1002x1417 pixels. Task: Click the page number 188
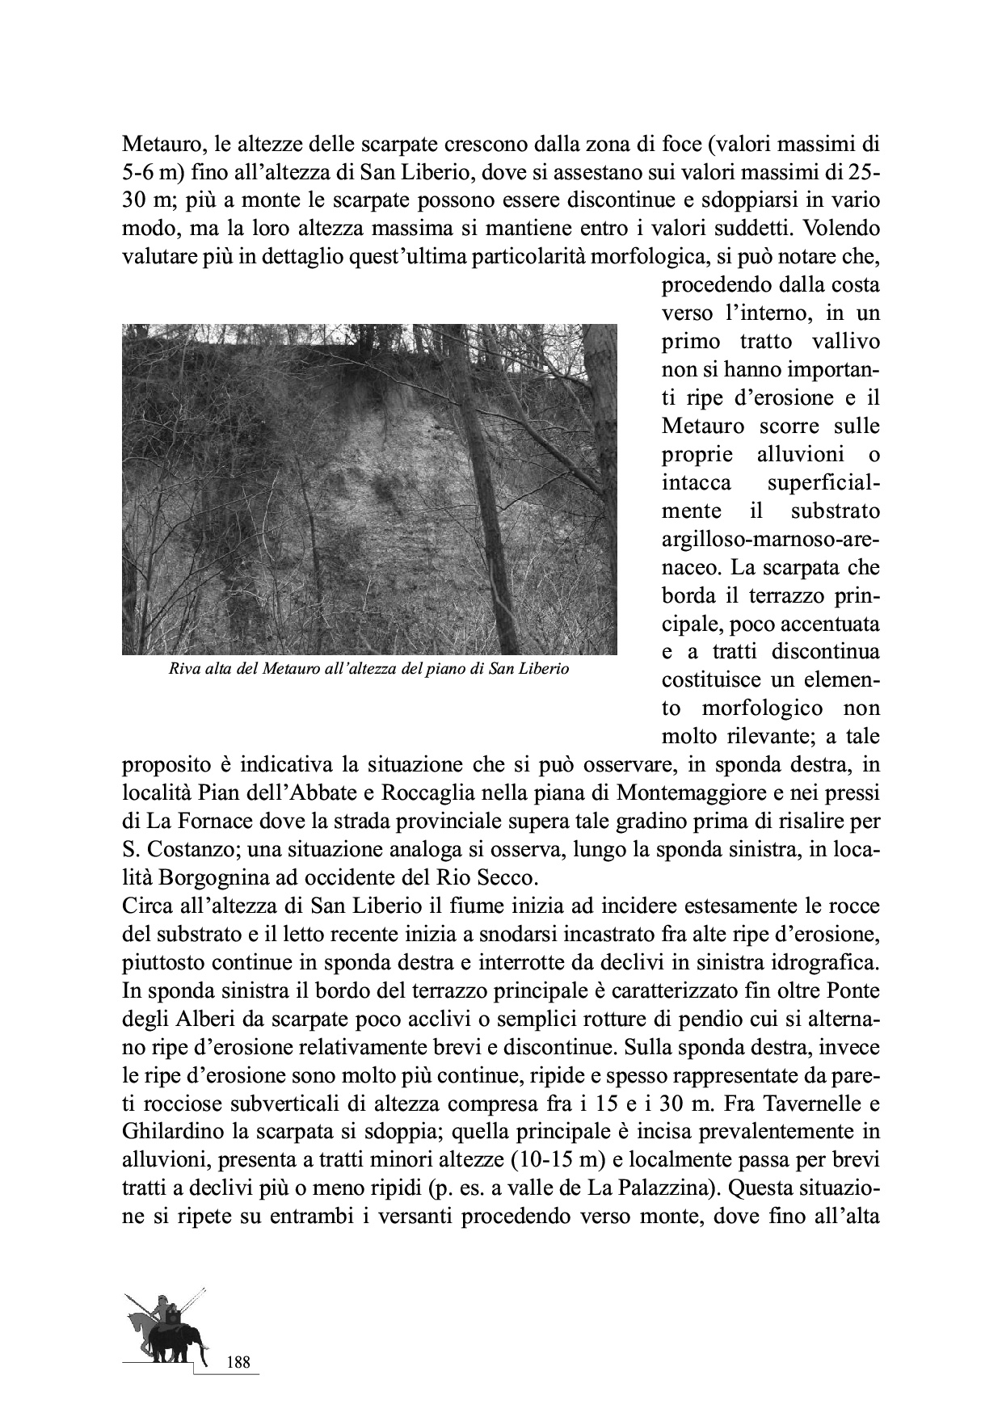pos(239,1362)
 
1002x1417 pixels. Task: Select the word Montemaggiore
pos(687,793)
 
